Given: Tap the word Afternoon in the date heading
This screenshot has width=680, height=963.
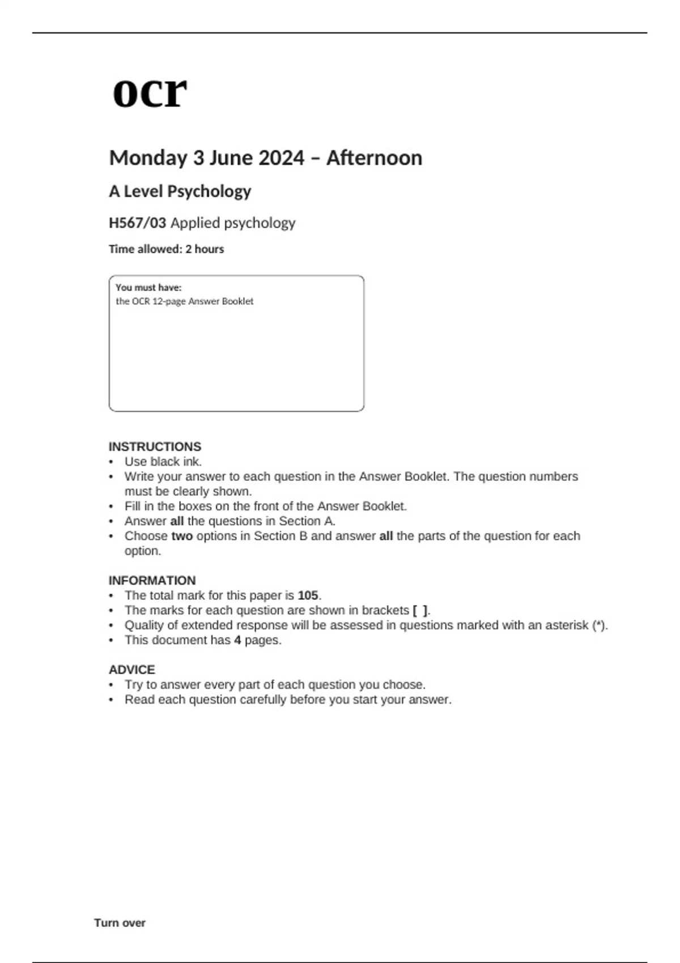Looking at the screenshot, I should [374, 158].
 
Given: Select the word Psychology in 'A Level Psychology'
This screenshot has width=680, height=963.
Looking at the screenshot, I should [209, 191].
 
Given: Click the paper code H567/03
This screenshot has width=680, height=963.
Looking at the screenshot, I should [137, 223].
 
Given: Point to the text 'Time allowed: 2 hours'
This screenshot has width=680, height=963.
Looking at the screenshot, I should [166, 249].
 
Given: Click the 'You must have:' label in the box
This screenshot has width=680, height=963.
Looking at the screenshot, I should [148, 288].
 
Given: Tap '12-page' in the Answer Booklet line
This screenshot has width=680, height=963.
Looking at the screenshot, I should [168, 301].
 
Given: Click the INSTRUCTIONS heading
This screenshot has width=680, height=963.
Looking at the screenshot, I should [155, 446].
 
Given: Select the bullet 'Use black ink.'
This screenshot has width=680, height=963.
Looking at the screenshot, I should [163, 462].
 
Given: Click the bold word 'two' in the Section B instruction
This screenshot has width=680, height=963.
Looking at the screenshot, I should [182, 536].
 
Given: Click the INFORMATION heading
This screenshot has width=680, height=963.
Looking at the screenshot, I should [152, 581].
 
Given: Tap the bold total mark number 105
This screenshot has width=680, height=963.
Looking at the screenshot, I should [308, 595].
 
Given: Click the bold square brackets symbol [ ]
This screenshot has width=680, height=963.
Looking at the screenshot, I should [420, 611].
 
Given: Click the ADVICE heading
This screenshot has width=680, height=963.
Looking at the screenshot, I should [131, 670].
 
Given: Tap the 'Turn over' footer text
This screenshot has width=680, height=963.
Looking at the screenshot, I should [120, 923].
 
